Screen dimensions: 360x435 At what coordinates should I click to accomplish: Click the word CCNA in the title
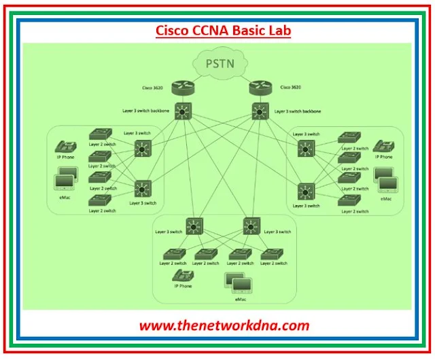pos(214,31)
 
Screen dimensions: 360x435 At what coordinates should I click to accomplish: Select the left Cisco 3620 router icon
pos(182,88)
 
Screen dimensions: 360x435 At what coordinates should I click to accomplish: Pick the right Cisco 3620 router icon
pos(260,88)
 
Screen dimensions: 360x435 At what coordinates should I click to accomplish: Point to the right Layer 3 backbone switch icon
pos(260,110)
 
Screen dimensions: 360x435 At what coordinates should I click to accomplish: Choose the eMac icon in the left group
pos(67,181)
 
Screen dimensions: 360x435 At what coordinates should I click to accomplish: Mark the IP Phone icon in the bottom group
pos(181,275)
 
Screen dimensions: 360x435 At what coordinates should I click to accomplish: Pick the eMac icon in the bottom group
pos(236,281)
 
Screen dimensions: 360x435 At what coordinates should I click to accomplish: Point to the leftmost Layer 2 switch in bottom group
pos(173,255)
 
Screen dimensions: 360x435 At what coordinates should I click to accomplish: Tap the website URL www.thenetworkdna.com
pos(224,325)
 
